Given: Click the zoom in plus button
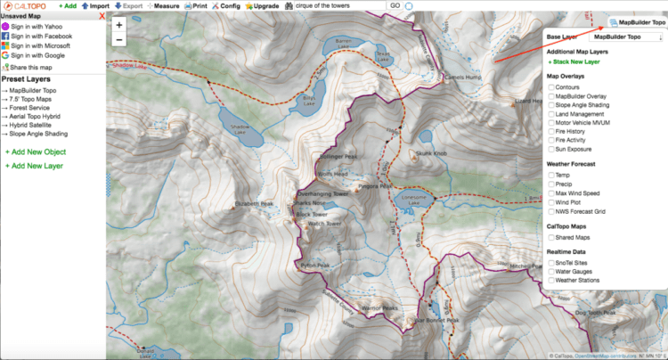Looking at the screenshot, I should [x=119, y=25].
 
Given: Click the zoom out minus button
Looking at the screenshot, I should [x=119, y=40].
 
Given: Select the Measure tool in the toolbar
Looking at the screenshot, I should [x=162, y=5].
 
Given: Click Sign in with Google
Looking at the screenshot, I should [x=40, y=55].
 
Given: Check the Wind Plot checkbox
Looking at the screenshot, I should [x=551, y=203].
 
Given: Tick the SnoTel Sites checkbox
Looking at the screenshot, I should [x=551, y=264].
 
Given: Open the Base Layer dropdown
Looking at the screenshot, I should [x=628, y=37].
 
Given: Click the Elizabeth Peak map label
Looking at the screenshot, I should [x=254, y=203].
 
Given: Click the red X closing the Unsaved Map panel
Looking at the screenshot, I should [x=101, y=16].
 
